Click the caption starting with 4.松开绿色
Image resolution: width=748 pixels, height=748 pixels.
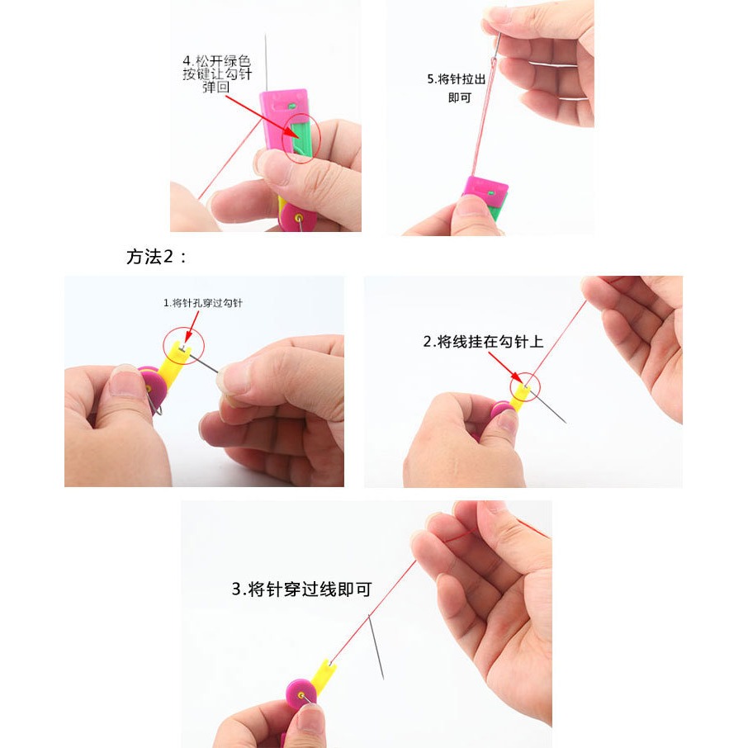[215, 73]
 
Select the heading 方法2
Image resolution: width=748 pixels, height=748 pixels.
[157, 257]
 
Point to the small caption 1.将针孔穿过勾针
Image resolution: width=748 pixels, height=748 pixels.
[203, 303]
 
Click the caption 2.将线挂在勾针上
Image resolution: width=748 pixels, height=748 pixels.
[483, 341]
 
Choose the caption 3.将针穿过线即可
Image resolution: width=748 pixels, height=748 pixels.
[301, 589]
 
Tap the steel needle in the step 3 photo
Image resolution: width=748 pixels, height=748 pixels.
[376, 648]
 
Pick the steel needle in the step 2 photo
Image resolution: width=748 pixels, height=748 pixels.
[549, 409]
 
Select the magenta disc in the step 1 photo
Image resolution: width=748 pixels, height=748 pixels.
[152, 386]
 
